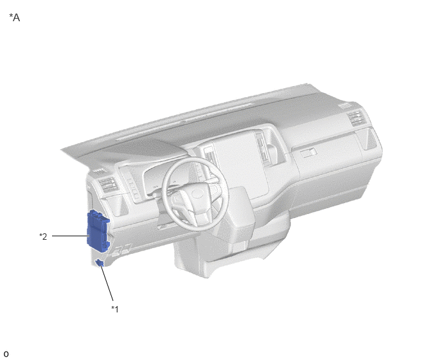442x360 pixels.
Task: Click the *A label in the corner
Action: click(15, 17)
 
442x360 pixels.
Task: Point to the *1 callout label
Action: click(115, 309)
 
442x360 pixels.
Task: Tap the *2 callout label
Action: click(43, 237)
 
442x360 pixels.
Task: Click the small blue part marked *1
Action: click(100, 263)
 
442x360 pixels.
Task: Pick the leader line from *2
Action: click(69, 236)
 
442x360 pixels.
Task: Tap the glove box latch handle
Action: click(308, 153)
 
